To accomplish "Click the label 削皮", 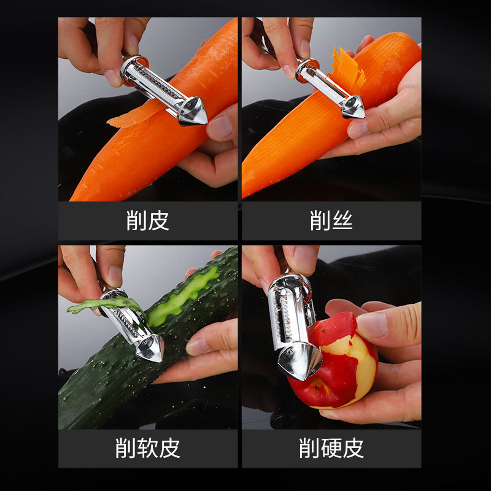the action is tap(147, 220).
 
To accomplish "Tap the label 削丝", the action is tap(331, 220).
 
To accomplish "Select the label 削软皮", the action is tap(147, 448).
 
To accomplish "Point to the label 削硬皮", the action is tap(331, 448).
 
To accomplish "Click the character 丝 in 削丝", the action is tap(342, 220).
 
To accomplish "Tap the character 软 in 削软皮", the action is tap(147, 448).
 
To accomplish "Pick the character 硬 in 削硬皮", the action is tap(331, 448).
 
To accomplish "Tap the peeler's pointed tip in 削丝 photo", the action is tap(364, 116).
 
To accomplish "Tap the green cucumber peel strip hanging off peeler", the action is tap(103, 304).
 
